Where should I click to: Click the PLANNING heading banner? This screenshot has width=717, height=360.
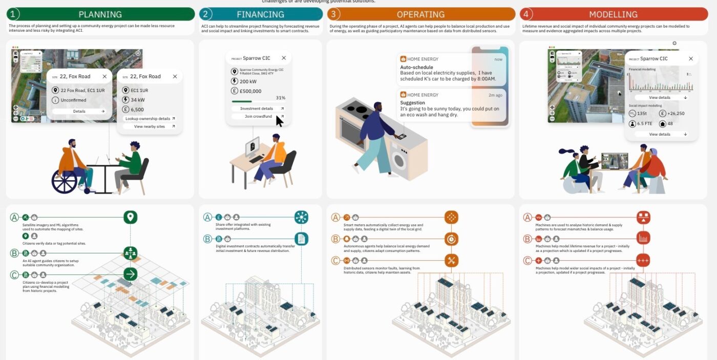pyautogui.click(x=100, y=14)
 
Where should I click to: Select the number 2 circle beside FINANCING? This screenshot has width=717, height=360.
pyautogui.click(x=205, y=14)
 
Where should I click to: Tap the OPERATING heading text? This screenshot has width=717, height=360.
pyautogui.click(x=420, y=14)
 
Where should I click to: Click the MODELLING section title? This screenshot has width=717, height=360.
pyautogui.click(x=613, y=14)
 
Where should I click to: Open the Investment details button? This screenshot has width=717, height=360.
pyautogui.click(x=257, y=109)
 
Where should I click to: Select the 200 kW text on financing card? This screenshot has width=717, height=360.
pyautogui.click(x=248, y=81)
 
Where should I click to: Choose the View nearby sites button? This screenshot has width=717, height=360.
pyautogui.click(x=150, y=126)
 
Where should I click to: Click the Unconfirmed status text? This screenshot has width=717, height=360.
pyautogui.click(x=73, y=100)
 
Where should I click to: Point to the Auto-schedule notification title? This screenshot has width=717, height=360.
pyautogui.click(x=416, y=67)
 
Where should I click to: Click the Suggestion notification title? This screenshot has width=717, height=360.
pyautogui.click(x=412, y=102)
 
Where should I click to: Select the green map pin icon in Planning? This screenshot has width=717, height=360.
pyautogui.click(x=131, y=217)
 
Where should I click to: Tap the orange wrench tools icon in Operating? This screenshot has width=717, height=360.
pyautogui.click(x=451, y=260)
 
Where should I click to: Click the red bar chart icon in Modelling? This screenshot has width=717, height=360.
pyautogui.click(x=643, y=238)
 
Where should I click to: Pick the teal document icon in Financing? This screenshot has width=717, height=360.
pyautogui.click(x=301, y=239)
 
